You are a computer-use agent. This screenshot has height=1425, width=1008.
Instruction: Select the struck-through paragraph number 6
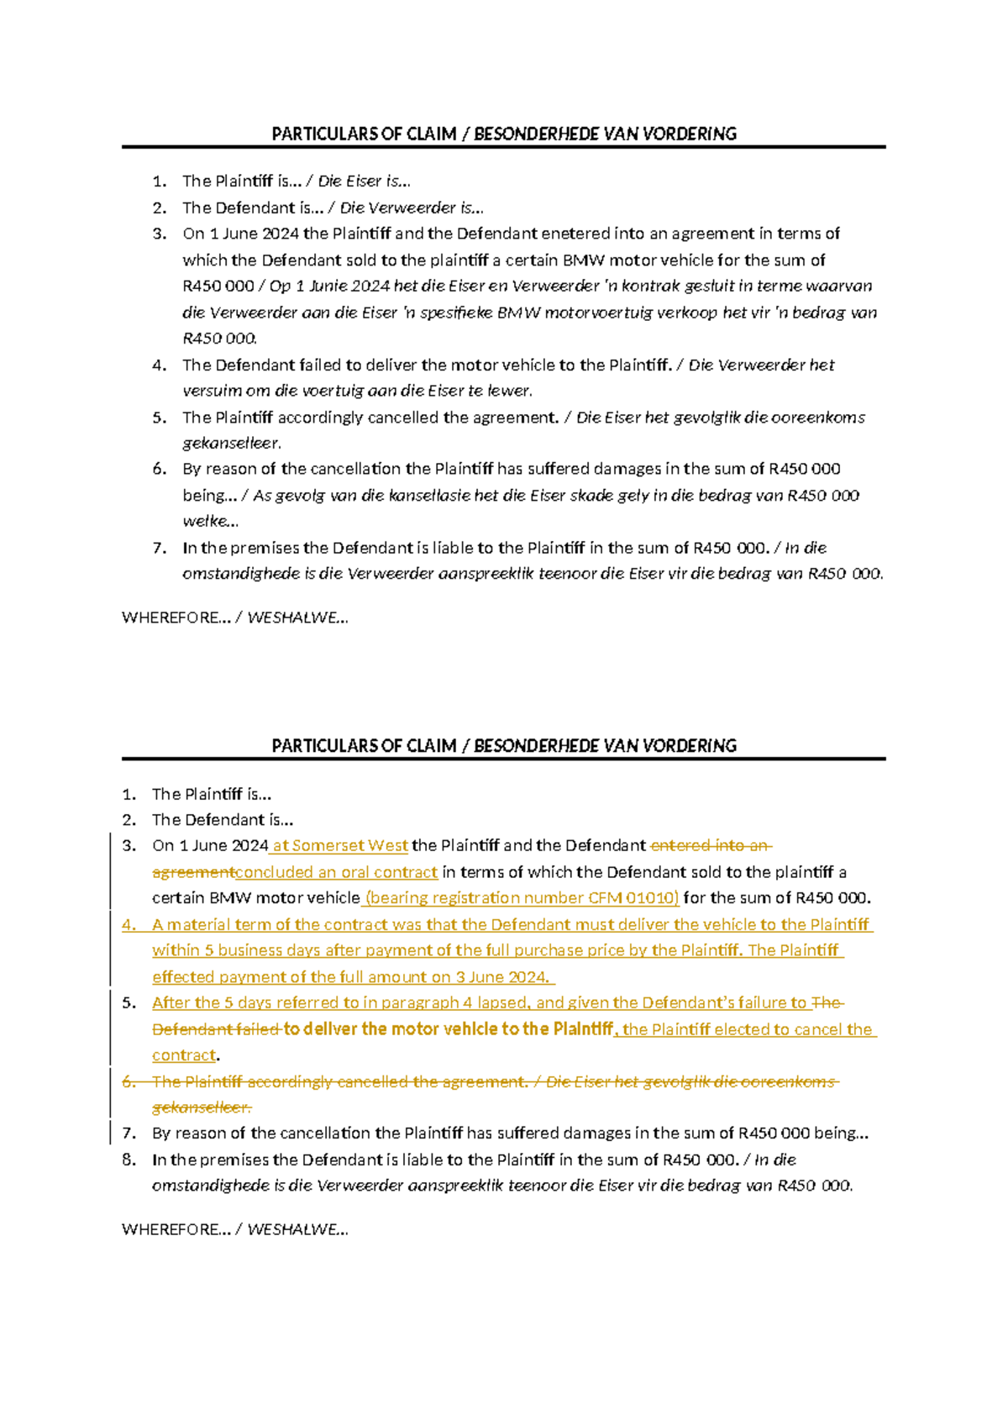129,1081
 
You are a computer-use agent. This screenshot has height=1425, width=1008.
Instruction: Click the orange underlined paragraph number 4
129,924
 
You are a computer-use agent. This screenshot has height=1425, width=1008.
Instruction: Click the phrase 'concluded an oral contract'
337,872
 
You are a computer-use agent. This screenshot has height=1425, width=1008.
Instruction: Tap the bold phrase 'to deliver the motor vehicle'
391,1029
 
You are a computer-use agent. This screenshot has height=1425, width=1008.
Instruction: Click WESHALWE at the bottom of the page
297,1229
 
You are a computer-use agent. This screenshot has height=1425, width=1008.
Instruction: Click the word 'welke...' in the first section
210,521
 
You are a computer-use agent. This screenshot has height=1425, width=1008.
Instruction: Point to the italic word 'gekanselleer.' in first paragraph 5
232,443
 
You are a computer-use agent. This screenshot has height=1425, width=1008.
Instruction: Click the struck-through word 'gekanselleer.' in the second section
202,1107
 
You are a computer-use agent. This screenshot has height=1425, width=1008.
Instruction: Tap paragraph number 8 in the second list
129,1159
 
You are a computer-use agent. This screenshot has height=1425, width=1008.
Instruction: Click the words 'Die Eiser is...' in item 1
364,181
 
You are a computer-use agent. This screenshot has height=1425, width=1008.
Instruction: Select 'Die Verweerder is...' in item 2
411,208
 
